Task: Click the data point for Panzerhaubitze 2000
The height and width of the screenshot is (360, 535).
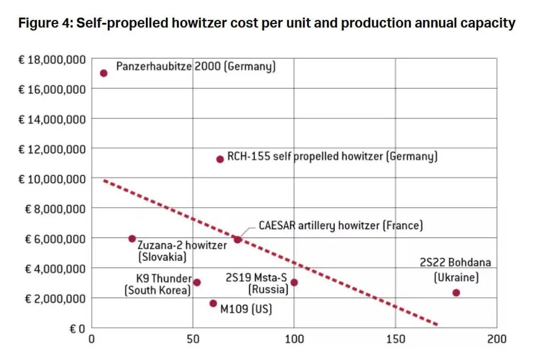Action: click(x=103, y=73)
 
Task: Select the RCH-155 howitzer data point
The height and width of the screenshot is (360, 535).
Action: click(x=220, y=159)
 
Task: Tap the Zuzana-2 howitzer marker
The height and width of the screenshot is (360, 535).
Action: click(x=132, y=239)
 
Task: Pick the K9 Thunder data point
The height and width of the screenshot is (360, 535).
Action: click(x=197, y=282)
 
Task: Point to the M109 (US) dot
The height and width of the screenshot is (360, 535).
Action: click(x=213, y=303)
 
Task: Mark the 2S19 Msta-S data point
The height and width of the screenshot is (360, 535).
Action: click(x=294, y=282)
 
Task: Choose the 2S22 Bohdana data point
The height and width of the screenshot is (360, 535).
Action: click(x=456, y=293)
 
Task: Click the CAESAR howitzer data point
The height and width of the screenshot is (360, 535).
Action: click(x=238, y=240)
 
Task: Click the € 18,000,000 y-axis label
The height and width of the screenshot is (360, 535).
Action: click(x=52, y=59)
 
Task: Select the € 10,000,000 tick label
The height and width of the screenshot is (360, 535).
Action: click(x=52, y=178)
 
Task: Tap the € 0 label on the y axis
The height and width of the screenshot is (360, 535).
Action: click(x=77, y=329)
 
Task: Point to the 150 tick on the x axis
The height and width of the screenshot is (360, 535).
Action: click(x=395, y=339)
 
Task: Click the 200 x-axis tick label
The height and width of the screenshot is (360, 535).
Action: click(x=496, y=339)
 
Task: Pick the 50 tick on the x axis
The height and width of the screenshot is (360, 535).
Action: click(x=193, y=339)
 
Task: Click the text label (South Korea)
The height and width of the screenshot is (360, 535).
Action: click(x=157, y=290)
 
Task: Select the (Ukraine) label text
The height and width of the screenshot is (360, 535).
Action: click(x=456, y=277)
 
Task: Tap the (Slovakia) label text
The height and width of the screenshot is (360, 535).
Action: click(x=162, y=257)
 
